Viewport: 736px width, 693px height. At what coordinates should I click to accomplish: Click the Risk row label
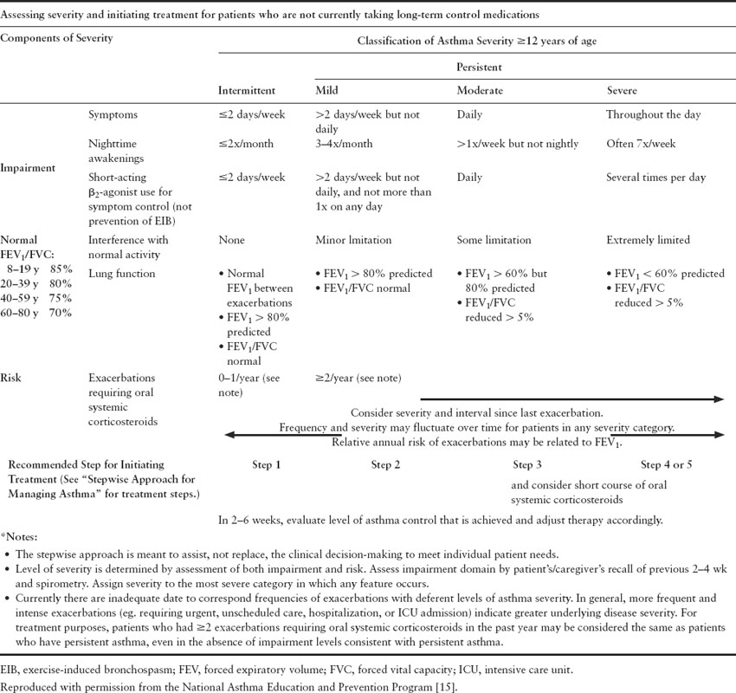[x=13, y=354]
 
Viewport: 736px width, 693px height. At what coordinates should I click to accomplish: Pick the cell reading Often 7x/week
[x=642, y=144]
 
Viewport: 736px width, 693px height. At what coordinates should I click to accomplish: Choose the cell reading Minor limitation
[x=354, y=240]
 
